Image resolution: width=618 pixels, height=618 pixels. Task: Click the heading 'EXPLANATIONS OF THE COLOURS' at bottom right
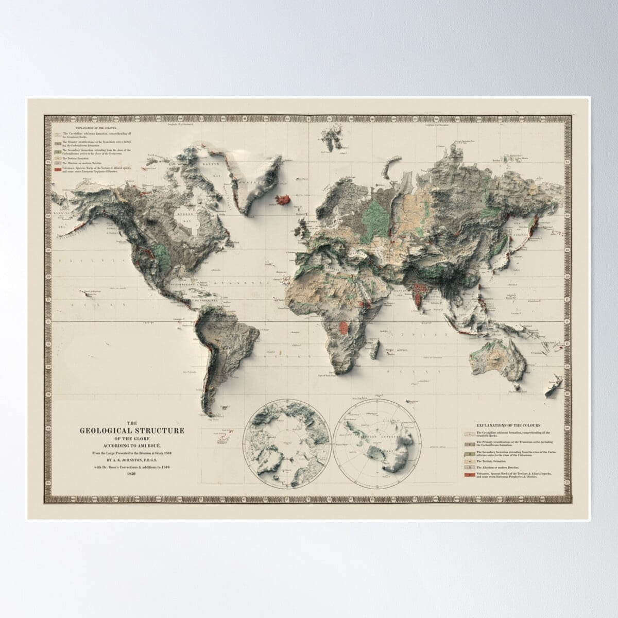[x=508, y=426]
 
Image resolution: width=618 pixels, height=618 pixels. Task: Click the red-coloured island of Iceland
[x=282, y=199]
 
